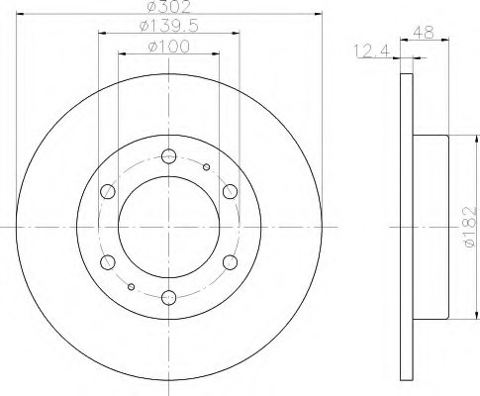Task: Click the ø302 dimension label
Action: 169,7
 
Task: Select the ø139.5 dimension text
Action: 169,27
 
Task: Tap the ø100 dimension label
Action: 169,47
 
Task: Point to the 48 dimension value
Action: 424,33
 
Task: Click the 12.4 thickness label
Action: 372,51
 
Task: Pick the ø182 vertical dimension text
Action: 470,227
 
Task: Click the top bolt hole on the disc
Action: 168,156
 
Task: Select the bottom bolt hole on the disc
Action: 168,298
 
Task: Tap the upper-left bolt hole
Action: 108,192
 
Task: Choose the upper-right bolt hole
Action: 230,192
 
